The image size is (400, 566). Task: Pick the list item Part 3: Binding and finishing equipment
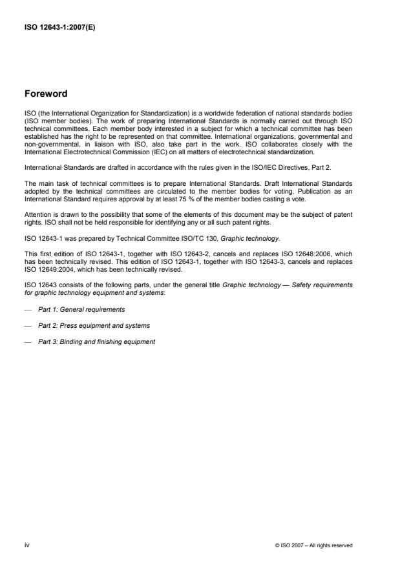(x=97, y=341)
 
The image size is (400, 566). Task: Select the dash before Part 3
(x=27, y=341)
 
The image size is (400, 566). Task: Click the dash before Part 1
(x=27, y=309)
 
